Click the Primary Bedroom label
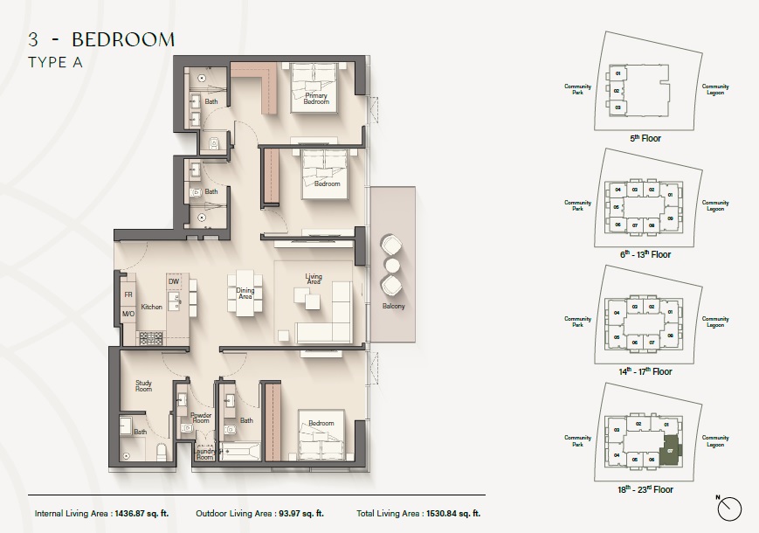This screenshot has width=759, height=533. pyautogui.click(x=315, y=100)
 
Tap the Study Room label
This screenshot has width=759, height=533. pyautogui.click(x=143, y=384)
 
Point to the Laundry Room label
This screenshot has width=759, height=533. pyautogui.click(x=204, y=454)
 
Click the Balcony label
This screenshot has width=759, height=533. pyautogui.click(x=392, y=307)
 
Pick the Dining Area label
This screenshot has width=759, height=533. pyautogui.click(x=245, y=294)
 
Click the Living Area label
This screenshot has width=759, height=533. pyautogui.click(x=314, y=280)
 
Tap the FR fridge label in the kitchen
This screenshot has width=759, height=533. pyautogui.click(x=128, y=295)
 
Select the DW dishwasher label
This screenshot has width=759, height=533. pyautogui.click(x=173, y=281)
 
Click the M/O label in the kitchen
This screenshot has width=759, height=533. pyautogui.click(x=128, y=314)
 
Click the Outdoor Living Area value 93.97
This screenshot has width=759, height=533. pyautogui.click(x=307, y=514)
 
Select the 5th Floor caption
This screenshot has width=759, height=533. pyautogui.click(x=645, y=138)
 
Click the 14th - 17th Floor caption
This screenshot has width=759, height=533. pyautogui.click(x=645, y=370)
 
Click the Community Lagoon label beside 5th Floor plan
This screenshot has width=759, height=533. pyautogui.click(x=715, y=90)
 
